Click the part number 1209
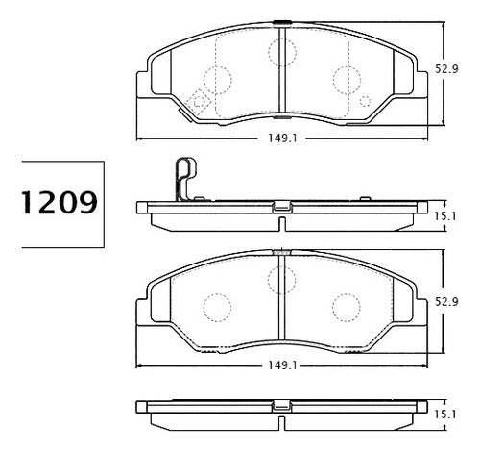[60, 203]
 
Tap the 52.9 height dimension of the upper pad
[446, 68]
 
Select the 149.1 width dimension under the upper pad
[282, 138]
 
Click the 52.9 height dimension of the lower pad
[446, 301]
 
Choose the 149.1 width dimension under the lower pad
[282, 365]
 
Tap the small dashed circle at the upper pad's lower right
[365, 101]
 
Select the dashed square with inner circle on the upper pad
[199, 102]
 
